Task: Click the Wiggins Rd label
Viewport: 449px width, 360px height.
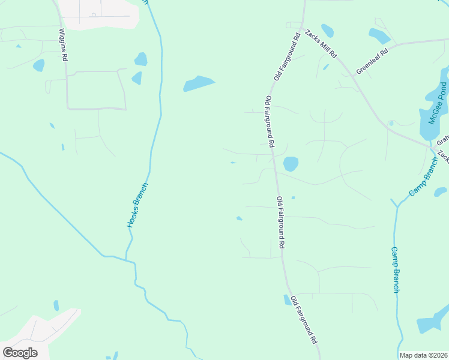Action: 62,46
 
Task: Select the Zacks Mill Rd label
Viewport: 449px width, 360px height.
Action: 320,43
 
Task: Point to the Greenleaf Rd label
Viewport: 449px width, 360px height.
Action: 372,61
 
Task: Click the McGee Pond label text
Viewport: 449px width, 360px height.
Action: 437,104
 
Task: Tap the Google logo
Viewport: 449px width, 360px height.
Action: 20,353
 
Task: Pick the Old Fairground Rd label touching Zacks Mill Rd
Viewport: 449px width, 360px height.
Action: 287,57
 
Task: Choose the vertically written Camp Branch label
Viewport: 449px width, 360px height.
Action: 395,269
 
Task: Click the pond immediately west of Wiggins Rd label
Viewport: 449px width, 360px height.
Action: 39,65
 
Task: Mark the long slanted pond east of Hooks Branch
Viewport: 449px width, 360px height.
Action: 199,83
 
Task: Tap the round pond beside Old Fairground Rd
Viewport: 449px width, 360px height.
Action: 291,163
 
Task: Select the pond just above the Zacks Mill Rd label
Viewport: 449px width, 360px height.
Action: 327,30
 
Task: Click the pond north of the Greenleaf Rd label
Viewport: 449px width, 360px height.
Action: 379,36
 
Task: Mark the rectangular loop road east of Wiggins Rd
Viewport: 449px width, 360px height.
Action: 96,90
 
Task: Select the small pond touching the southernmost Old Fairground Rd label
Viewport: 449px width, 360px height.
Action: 287,299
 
